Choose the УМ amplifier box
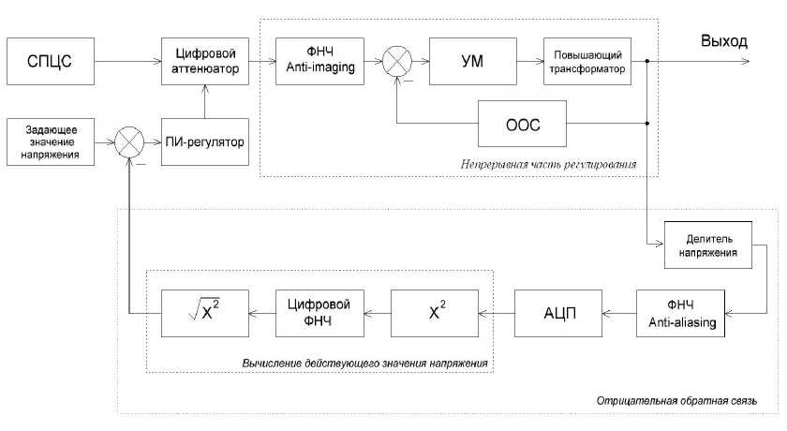click(x=472, y=63)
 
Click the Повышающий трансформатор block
click(x=587, y=63)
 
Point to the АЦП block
click(x=557, y=313)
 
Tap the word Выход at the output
click(x=723, y=42)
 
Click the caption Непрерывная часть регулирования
click(x=549, y=165)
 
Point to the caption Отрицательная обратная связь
click(x=676, y=401)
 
